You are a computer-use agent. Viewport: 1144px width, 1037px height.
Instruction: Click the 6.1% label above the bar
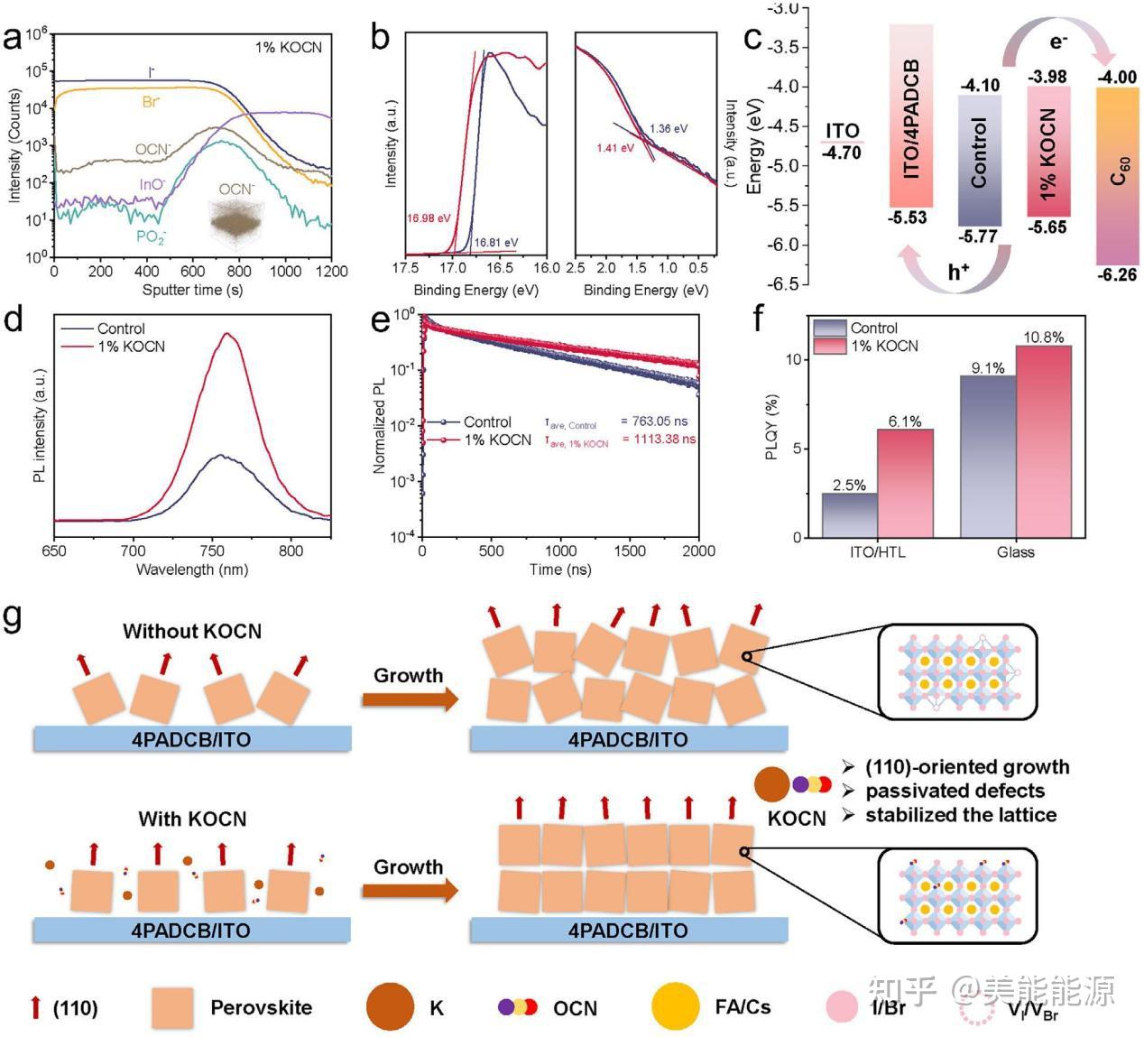[x=904, y=421]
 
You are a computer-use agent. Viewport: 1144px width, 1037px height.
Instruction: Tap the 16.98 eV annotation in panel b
[x=428, y=218]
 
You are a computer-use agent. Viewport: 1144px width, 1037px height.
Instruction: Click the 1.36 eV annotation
[x=668, y=128]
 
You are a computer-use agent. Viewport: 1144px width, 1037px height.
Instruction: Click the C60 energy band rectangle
[x=1117, y=175]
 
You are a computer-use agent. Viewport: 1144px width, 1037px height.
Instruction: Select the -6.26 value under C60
[x=1117, y=274]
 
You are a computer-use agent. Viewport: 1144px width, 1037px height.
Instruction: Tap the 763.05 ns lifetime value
[x=658, y=421]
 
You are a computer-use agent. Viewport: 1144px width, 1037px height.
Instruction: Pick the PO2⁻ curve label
[x=151, y=236]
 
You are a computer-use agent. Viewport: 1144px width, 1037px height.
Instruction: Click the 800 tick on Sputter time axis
[x=239, y=272]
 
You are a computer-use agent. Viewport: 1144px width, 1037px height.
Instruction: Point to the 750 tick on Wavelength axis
[x=212, y=551]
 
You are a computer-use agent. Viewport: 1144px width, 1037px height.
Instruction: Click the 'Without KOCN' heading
[x=192, y=631]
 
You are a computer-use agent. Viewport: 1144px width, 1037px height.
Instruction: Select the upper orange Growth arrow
[x=409, y=699]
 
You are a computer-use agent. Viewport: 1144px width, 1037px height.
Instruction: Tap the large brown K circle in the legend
[x=391, y=1006]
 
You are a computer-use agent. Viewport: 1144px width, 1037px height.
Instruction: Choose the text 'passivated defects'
[x=955, y=792]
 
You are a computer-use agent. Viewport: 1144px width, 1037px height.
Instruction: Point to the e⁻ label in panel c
[x=1058, y=41]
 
